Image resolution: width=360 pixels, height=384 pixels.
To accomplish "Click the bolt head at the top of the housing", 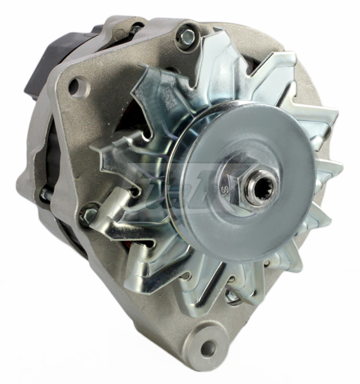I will tap(186, 36).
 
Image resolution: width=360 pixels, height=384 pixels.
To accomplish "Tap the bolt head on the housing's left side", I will tap(88, 215).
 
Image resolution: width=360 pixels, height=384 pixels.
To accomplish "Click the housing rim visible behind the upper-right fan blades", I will tap(301, 83).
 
